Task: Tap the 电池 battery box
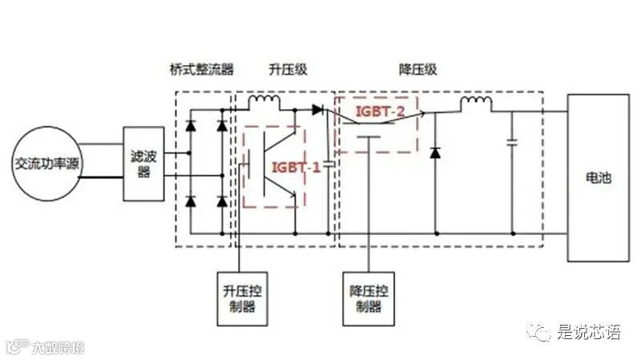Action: (599, 177)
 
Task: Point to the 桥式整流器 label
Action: (203, 70)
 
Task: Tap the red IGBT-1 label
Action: (296, 167)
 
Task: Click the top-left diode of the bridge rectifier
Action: (191, 126)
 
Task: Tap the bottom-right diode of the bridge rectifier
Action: (222, 201)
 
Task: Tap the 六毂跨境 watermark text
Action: (57, 348)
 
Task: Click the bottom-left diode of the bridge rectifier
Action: (191, 201)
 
